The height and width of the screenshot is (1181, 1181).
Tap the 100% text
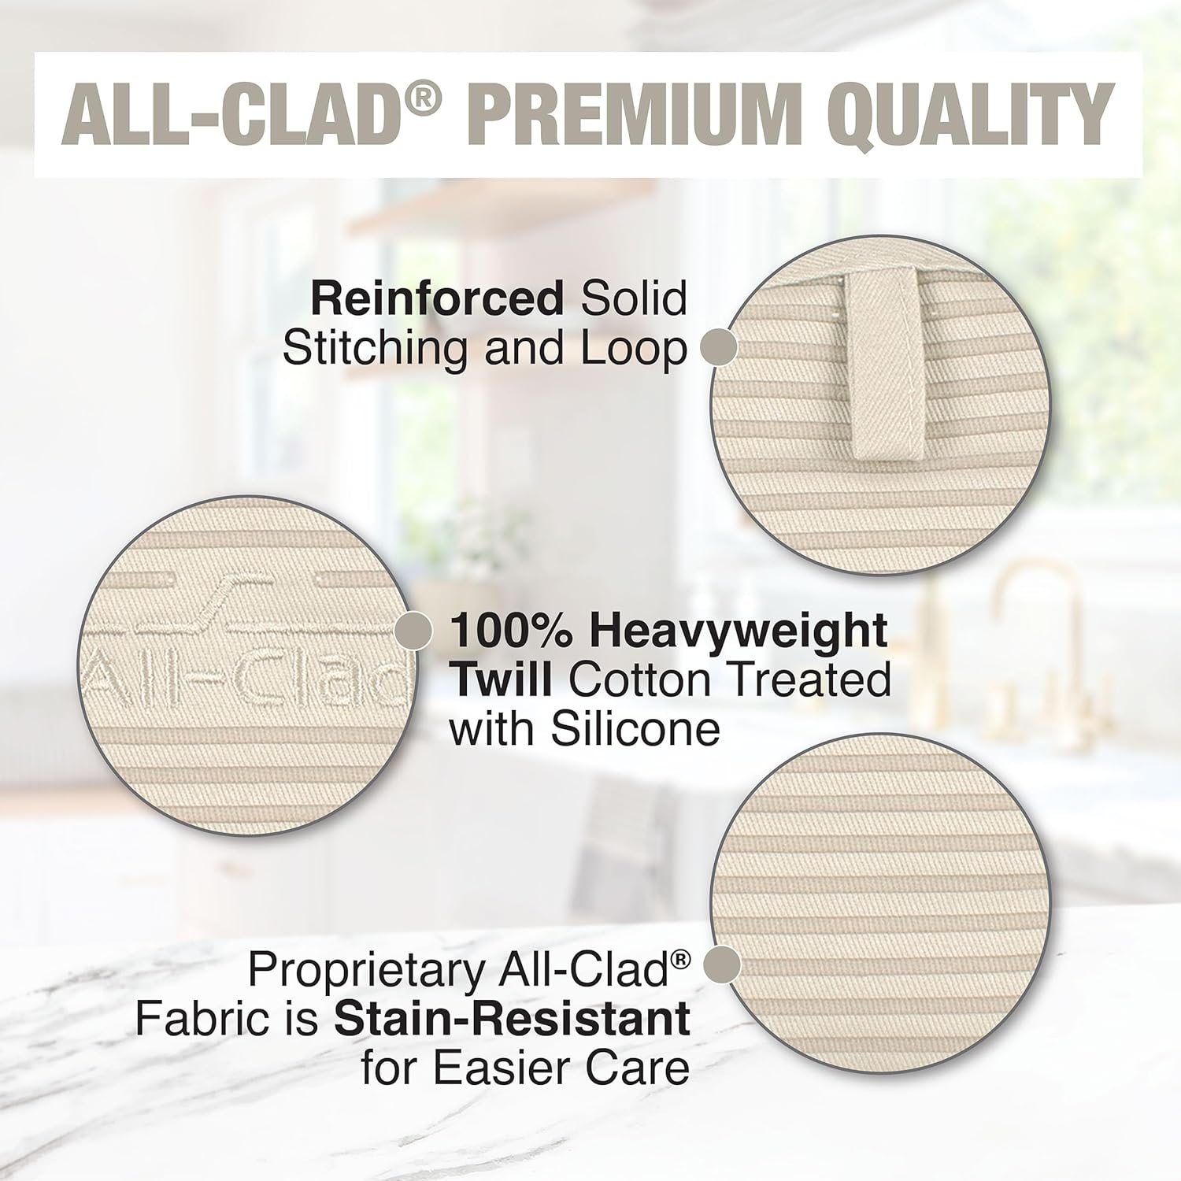512,631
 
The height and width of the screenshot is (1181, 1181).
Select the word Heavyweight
739,631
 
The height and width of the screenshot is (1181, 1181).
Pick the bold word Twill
500,679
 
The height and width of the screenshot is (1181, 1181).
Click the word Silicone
635,729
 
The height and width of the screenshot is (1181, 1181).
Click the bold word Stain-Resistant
512,1019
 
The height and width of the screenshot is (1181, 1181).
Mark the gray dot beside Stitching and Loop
718,347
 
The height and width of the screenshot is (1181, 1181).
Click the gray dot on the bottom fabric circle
721,964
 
